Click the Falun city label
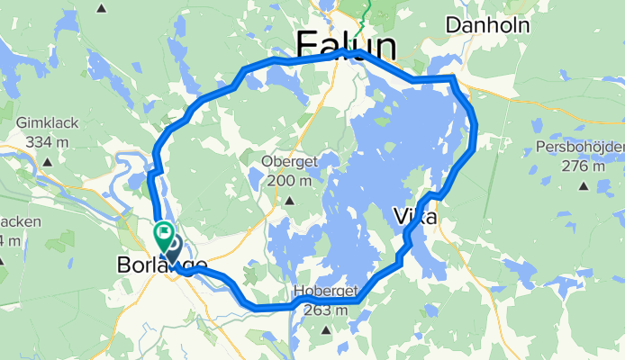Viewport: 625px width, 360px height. pos(346,45)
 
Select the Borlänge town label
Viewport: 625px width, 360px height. pos(162,265)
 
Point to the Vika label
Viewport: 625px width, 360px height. pos(415,217)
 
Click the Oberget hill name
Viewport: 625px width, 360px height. pos(286,162)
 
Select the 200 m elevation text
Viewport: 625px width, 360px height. pos(287,180)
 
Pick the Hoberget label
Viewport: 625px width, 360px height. pos(326,292)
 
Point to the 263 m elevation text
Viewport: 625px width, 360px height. pos(327,310)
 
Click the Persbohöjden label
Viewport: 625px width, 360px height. pos(582,148)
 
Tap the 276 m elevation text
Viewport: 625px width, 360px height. pos(582,166)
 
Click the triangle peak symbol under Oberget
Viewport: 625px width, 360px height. pos(290,198)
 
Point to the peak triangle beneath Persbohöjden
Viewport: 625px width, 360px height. pos(583,186)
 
